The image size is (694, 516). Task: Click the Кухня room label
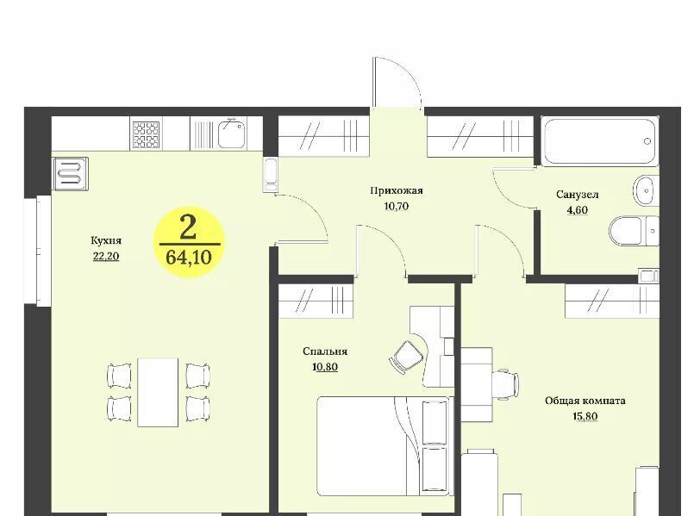(106, 241)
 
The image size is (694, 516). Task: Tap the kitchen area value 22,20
(106, 257)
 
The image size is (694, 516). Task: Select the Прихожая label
(397, 190)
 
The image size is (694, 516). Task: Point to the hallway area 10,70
(397, 206)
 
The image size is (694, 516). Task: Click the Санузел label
(577, 195)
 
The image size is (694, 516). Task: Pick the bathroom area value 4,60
(577, 210)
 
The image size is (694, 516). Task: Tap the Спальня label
(325, 351)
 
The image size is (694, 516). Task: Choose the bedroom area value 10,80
(325, 367)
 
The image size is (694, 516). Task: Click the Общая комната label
(585, 401)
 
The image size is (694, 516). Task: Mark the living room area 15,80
(585, 417)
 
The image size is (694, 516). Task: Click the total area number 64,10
(189, 257)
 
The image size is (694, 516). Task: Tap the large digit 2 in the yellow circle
(189, 228)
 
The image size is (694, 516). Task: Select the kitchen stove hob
(146, 135)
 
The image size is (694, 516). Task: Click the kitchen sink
(232, 134)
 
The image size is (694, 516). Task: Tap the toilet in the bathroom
(634, 230)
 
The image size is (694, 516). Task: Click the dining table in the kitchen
(158, 392)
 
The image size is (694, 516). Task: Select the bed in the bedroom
(384, 446)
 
